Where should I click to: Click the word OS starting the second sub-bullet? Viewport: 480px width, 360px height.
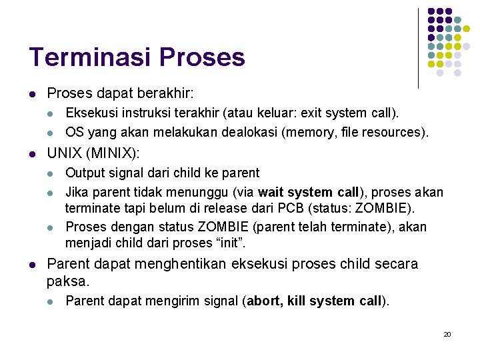(x=75, y=132)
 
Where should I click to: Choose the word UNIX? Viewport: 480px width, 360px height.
(x=65, y=153)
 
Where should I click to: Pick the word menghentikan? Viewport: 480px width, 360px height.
(x=179, y=264)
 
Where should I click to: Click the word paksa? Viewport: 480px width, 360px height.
(x=66, y=281)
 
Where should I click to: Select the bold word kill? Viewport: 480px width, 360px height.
(x=297, y=301)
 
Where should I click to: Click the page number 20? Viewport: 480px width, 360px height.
(x=447, y=334)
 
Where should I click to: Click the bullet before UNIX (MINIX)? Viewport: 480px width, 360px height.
(x=32, y=154)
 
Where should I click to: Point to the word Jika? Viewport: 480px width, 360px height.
(x=76, y=193)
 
